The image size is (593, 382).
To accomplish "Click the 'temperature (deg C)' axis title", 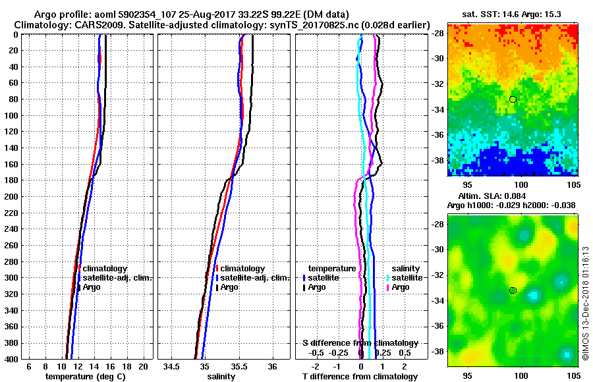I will coord(86,377).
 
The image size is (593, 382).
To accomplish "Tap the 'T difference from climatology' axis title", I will coord(359,377).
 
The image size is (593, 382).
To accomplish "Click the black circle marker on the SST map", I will coord(513,99).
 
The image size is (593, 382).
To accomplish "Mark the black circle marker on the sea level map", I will coord(513,290).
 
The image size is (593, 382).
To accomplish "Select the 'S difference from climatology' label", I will coord(360,343).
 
